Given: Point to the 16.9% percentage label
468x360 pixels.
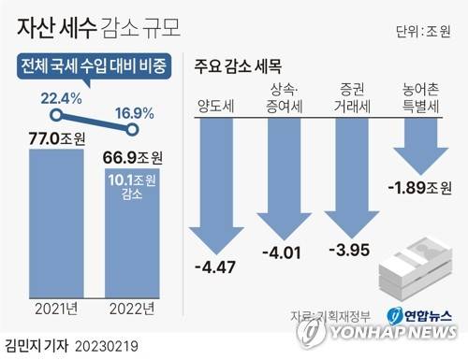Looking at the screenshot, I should (133, 114).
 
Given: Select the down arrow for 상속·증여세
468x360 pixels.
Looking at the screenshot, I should (281, 173).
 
